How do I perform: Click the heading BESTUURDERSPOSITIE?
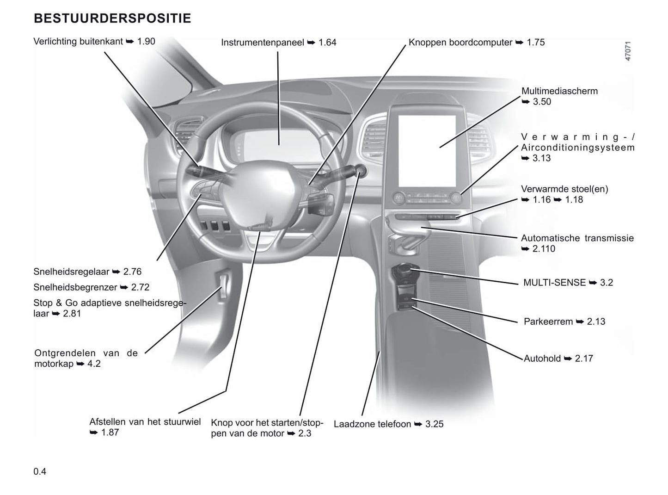point(112,19)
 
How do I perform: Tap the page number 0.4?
point(40,471)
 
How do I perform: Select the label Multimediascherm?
point(559,91)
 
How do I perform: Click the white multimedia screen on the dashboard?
point(427,151)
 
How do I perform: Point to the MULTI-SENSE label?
point(554,283)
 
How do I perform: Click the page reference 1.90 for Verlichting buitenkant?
point(146,41)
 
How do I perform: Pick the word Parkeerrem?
point(548,322)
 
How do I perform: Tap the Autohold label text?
point(542,359)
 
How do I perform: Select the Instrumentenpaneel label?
point(262,43)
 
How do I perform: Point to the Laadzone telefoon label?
point(372,424)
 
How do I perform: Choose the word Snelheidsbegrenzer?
point(75,287)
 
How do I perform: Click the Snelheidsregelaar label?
point(71,272)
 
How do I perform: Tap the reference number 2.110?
point(544,249)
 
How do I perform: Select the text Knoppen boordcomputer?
point(460,42)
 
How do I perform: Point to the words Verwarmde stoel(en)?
point(565,189)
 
